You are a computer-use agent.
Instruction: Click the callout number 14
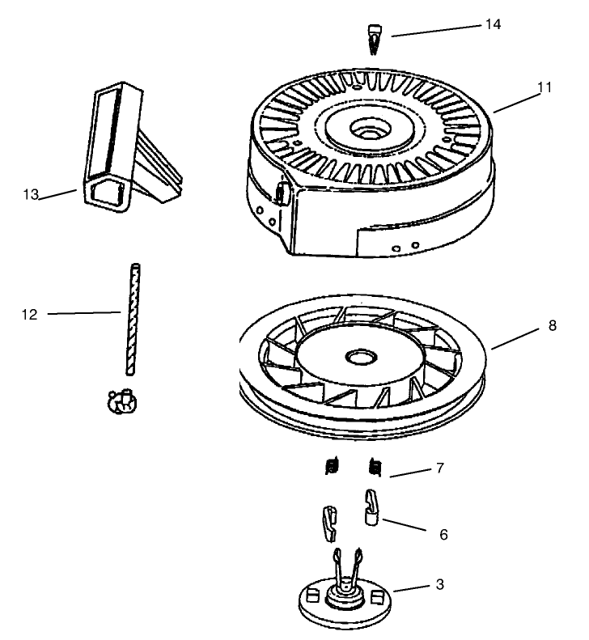(x=493, y=24)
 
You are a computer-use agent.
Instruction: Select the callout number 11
(x=544, y=87)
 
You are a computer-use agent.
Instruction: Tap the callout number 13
(x=31, y=194)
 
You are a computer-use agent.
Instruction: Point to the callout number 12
(x=29, y=312)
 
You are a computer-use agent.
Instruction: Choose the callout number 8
(x=553, y=326)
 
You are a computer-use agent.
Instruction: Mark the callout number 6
(x=443, y=534)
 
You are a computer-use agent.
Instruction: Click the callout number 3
(x=439, y=583)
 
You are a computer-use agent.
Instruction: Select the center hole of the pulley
(x=357, y=355)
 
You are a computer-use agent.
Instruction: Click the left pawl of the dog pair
(x=328, y=522)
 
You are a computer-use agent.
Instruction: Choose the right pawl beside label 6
(x=370, y=507)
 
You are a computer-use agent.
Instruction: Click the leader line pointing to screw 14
(x=433, y=31)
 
